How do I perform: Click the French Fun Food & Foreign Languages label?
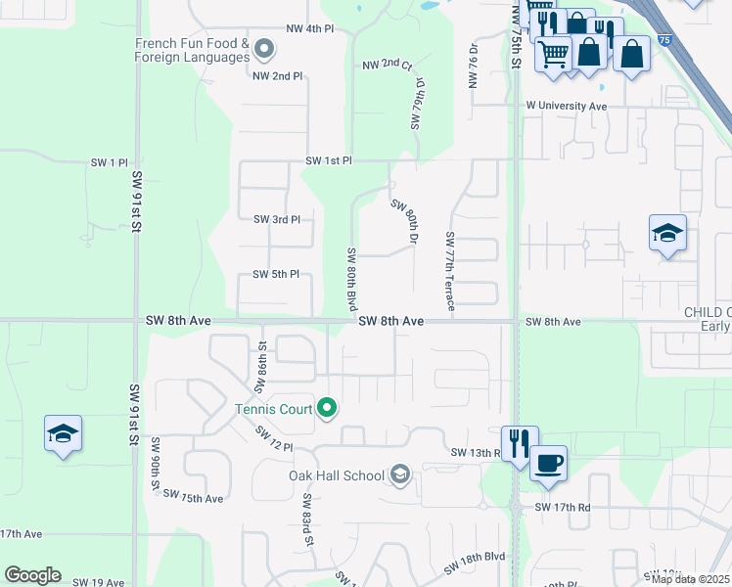(x=192, y=51)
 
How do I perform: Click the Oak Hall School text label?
(x=336, y=475)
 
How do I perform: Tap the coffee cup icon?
(x=548, y=461)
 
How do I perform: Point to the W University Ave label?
(x=566, y=106)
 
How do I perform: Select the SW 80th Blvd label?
(x=351, y=280)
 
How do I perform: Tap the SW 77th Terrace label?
(x=450, y=272)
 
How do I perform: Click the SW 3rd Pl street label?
(x=276, y=219)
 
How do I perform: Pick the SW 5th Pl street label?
(x=275, y=275)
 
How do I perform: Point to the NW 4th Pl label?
(x=310, y=29)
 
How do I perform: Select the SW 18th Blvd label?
(x=475, y=562)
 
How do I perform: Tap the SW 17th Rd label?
(x=563, y=508)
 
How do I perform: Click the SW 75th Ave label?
(x=194, y=498)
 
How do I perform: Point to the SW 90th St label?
(x=155, y=464)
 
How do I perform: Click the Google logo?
(x=32, y=575)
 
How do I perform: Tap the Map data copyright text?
(x=691, y=579)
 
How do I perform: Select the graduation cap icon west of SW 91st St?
(x=63, y=433)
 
